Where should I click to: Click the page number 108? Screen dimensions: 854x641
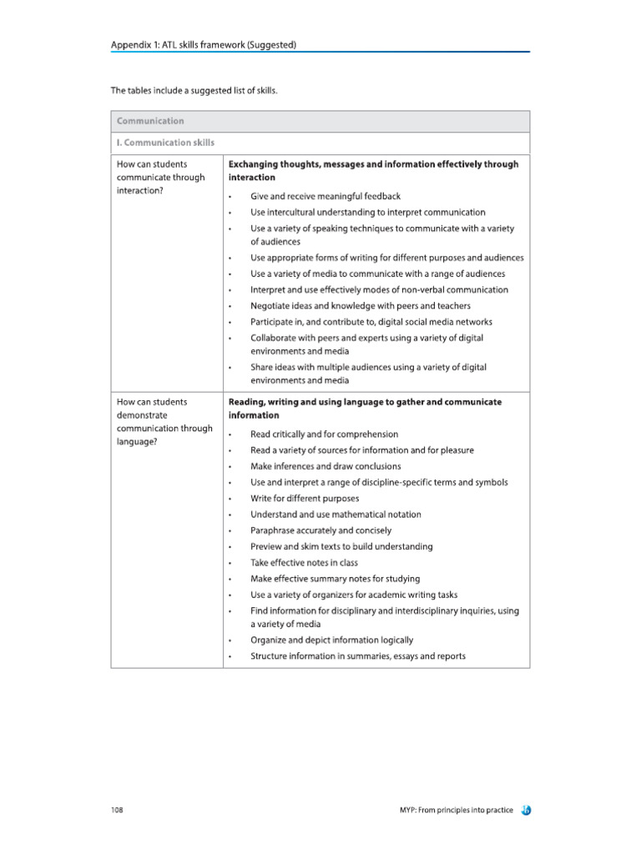(x=117, y=810)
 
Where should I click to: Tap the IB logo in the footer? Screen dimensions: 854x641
(x=526, y=810)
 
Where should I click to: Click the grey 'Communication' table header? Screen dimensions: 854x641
(x=151, y=121)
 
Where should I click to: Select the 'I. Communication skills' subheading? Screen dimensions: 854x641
(x=165, y=143)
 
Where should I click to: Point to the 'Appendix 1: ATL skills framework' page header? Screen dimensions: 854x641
(x=204, y=44)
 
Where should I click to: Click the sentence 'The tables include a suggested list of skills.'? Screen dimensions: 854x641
(x=194, y=90)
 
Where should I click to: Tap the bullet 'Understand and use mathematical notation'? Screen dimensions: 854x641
(x=336, y=515)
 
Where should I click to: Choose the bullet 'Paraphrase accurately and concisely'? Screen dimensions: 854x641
(x=320, y=530)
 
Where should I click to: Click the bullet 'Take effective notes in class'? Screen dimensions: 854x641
(x=304, y=563)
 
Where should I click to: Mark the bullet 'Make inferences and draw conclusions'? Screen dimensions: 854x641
(x=326, y=466)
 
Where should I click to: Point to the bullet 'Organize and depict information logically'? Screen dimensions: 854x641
(x=331, y=640)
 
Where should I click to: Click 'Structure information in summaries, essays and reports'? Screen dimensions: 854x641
(x=358, y=656)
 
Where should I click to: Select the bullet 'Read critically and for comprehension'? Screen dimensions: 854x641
(x=324, y=435)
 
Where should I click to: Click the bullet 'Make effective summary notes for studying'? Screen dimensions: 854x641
(x=335, y=579)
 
